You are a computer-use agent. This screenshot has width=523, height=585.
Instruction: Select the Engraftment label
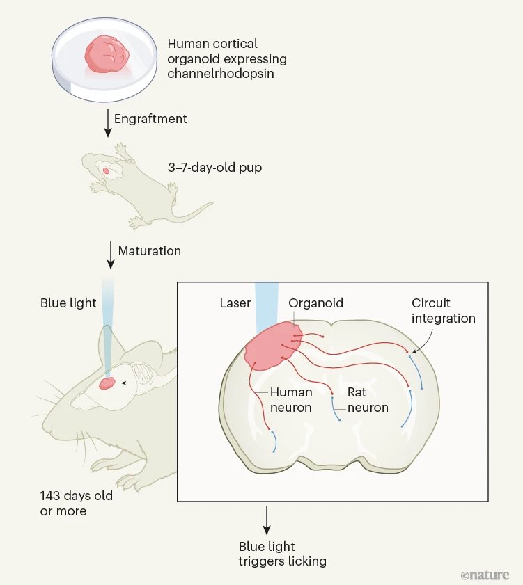point(150,118)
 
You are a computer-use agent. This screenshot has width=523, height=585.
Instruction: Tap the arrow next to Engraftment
point(107,121)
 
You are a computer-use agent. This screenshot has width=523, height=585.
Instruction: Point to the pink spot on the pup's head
point(106,170)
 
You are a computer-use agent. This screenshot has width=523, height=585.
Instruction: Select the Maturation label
point(149,250)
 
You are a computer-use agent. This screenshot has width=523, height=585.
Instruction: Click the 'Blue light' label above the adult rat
point(68,303)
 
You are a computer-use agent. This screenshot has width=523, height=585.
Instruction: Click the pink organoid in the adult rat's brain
point(107,383)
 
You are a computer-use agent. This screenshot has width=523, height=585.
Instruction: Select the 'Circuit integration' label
point(443,311)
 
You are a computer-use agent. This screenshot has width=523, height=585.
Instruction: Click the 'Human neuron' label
point(290,400)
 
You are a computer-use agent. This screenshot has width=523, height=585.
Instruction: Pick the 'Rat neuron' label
point(367,400)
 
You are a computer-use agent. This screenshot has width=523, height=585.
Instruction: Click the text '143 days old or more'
point(76,504)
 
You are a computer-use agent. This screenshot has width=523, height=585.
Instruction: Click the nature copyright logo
point(485,575)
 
